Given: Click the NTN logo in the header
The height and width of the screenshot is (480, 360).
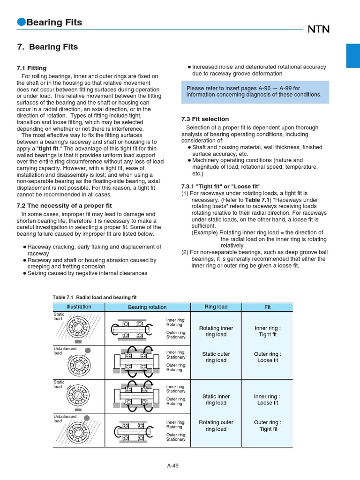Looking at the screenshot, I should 318,30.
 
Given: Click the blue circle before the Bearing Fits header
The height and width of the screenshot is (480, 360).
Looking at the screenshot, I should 21,22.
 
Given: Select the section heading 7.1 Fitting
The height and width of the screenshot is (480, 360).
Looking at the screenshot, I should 31,68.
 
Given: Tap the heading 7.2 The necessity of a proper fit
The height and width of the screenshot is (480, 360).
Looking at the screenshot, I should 64,205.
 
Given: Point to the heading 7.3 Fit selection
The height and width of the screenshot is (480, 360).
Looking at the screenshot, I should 205,119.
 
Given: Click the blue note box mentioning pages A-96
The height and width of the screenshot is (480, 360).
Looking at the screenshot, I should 255,91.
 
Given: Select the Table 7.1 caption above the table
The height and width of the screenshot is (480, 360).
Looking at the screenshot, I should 95,297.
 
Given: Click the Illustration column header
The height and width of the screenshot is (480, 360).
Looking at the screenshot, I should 79,307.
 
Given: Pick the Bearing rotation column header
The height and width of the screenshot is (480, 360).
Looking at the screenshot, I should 147,307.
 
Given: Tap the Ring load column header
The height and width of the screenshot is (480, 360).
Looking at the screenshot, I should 216,307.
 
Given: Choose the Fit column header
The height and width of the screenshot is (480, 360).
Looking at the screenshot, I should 268,307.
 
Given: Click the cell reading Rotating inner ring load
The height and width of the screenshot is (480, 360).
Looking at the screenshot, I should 216,331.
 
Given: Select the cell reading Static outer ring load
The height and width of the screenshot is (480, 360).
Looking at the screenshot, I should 216,357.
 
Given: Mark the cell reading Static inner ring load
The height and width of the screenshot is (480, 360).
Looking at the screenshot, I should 216,399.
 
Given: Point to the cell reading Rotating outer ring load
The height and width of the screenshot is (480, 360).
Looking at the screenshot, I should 216,426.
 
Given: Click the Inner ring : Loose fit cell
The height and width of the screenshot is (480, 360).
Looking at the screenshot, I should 268,399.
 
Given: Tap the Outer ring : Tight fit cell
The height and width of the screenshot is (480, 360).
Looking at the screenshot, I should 268,426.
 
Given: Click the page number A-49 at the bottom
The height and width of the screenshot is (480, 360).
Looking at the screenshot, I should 173,466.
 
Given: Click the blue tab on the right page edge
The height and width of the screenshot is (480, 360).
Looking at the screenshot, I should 352,55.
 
